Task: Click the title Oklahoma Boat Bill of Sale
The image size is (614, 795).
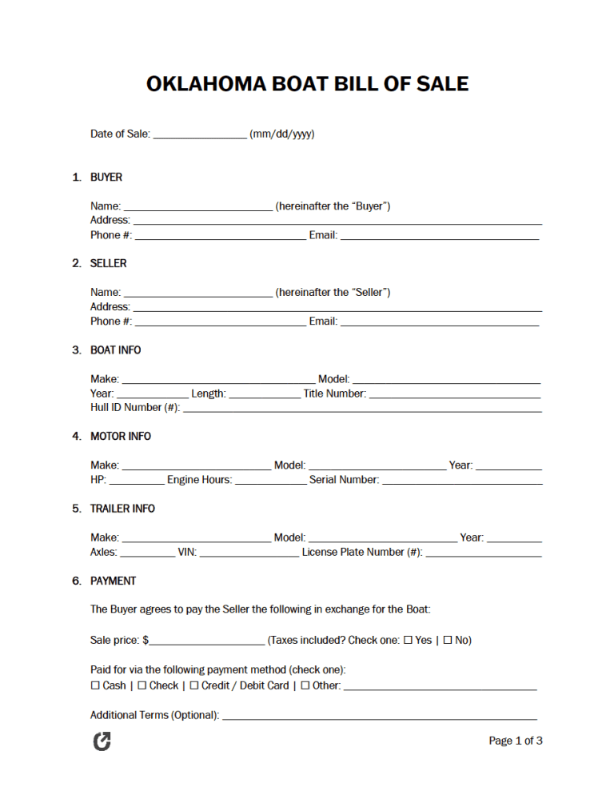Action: [307, 84]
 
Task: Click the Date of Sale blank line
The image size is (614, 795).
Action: [200, 135]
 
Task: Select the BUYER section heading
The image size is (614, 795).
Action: [106, 177]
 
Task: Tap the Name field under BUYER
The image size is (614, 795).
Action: [198, 207]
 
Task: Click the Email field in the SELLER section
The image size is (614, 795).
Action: [440, 322]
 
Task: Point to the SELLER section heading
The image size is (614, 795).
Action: [108, 263]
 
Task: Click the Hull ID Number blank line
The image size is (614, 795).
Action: [362, 409]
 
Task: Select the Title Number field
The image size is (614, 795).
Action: [455, 394]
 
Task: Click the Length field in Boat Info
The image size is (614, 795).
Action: [264, 394]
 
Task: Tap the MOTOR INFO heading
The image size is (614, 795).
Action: [120, 436]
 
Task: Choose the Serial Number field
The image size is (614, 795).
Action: [462, 481]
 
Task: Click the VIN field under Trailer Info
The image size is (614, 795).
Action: [249, 553]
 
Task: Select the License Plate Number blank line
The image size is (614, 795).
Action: [484, 553]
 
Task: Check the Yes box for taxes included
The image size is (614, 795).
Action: [408, 641]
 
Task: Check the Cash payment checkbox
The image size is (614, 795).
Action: [95, 686]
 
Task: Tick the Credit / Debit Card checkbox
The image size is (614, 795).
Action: [194, 686]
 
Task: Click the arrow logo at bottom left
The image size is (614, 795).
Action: [102, 741]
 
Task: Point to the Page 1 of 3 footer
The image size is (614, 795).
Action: [516, 741]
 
